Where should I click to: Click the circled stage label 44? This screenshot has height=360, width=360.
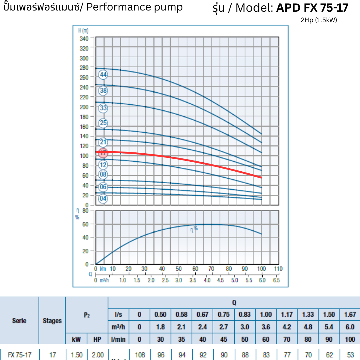click(x=103, y=75)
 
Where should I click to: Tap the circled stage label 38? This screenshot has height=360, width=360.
click(x=103, y=91)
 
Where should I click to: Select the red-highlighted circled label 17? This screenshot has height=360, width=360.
click(x=103, y=153)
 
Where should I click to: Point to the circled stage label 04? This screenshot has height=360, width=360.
click(x=103, y=199)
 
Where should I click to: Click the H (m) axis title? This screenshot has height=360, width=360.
click(x=83, y=31)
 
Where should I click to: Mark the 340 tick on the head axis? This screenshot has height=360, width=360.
click(x=84, y=39)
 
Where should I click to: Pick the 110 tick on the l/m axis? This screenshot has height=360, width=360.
click(x=278, y=269)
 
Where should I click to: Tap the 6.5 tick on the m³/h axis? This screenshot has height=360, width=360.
click(x=276, y=280)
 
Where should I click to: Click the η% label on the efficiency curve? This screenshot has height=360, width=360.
click(x=194, y=229)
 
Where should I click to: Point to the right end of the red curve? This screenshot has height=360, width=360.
click(x=261, y=178)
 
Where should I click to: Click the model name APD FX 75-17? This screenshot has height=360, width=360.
click(x=312, y=8)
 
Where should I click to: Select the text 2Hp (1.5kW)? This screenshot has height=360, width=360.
click(x=319, y=20)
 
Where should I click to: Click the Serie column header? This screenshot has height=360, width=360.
click(x=19, y=321)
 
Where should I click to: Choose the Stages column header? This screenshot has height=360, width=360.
click(x=52, y=321)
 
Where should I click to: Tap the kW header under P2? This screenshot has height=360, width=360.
click(x=76, y=339)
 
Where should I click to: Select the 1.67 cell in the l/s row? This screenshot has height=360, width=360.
click(x=350, y=315)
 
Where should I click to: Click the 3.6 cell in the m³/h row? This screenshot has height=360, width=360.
click(x=266, y=327)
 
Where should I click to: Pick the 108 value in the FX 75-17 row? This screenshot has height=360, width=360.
click(x=140, y=355)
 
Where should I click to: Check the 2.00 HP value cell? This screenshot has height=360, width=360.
click(x=98, y=355)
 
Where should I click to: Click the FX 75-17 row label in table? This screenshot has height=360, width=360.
click(x=19, y=355)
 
